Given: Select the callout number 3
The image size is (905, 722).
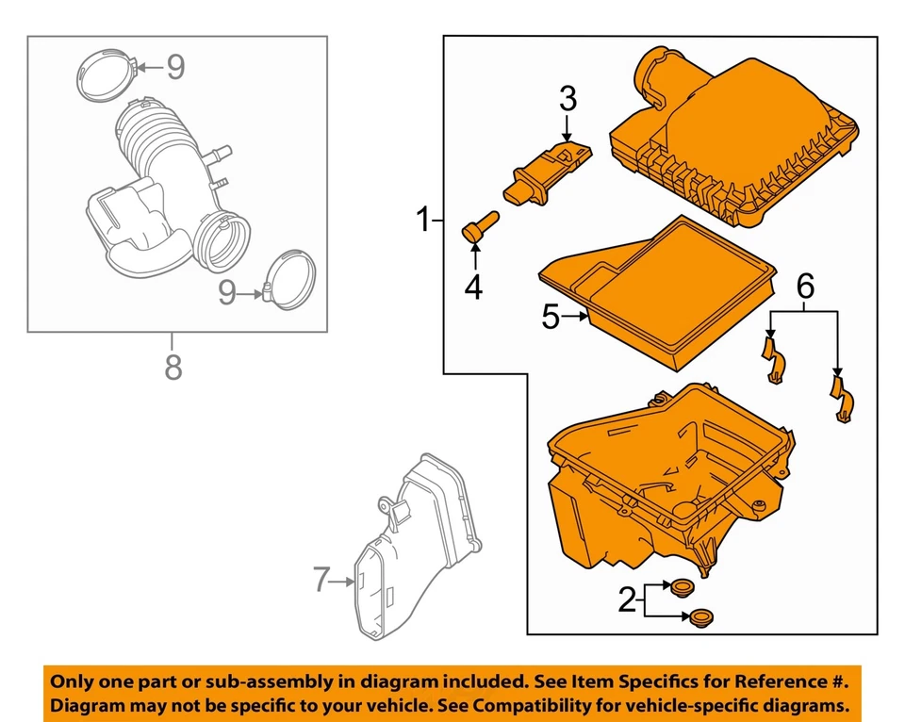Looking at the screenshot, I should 568,97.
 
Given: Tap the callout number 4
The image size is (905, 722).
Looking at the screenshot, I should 473,286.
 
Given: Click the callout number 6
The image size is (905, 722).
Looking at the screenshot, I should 803,286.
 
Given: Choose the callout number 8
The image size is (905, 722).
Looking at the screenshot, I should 173,367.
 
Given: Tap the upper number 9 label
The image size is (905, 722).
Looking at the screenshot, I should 175,66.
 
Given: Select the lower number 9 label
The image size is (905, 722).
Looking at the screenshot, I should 227,293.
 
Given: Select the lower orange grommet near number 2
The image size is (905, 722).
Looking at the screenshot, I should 699,618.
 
